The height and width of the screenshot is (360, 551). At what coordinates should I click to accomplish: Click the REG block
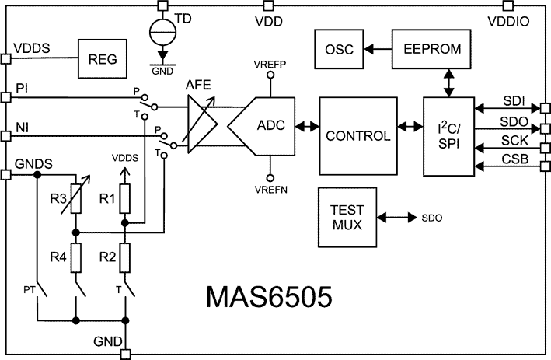tap(101, 58)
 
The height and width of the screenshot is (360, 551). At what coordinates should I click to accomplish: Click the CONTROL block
tap(357, 136)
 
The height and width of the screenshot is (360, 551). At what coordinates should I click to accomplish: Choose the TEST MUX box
tap(346, 218)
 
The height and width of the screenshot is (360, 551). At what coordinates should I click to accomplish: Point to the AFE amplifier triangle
tap(201, 124)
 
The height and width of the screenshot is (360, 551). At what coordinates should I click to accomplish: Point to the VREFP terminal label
tap(270, 62)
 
